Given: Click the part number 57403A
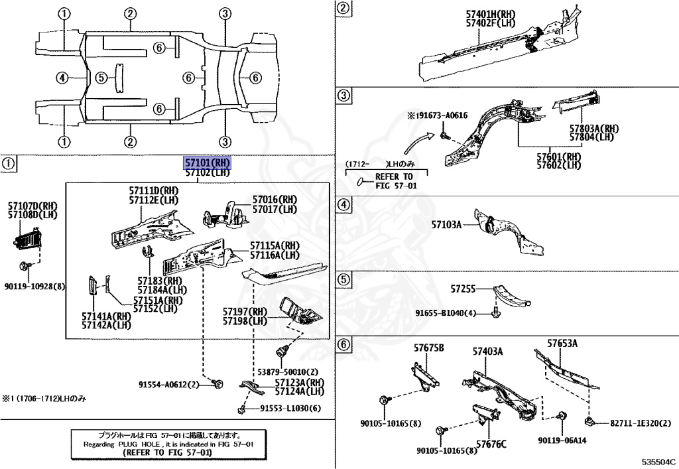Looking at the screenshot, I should tap(487, 351).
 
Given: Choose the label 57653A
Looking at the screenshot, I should tap(562, 343).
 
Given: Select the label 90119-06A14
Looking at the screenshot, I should tap(562, 440).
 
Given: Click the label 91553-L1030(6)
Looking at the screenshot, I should tap(290, 408).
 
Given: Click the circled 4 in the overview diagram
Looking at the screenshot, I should tap(62, 78).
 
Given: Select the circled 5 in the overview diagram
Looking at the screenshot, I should tap(101, 78).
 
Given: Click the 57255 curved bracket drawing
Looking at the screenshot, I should tap(513, 297).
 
